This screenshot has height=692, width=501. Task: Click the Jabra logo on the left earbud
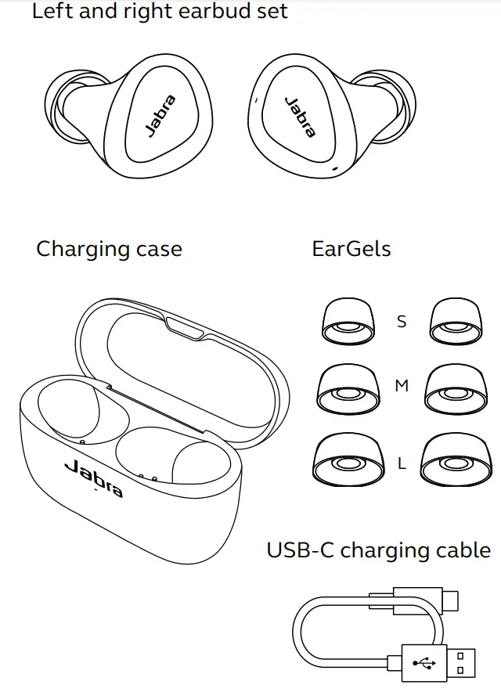[160, 116]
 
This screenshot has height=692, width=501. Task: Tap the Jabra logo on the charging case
[93, 479]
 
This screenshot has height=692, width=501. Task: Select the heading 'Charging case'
[109, 249]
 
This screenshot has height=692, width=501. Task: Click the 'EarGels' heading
[351, 249]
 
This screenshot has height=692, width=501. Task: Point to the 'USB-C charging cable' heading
[379, 550]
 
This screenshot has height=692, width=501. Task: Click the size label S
[402, 321]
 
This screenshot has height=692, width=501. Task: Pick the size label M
[402, 386]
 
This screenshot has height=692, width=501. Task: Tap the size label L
[402, 463]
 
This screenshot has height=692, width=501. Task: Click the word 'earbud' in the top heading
[186, 12]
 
